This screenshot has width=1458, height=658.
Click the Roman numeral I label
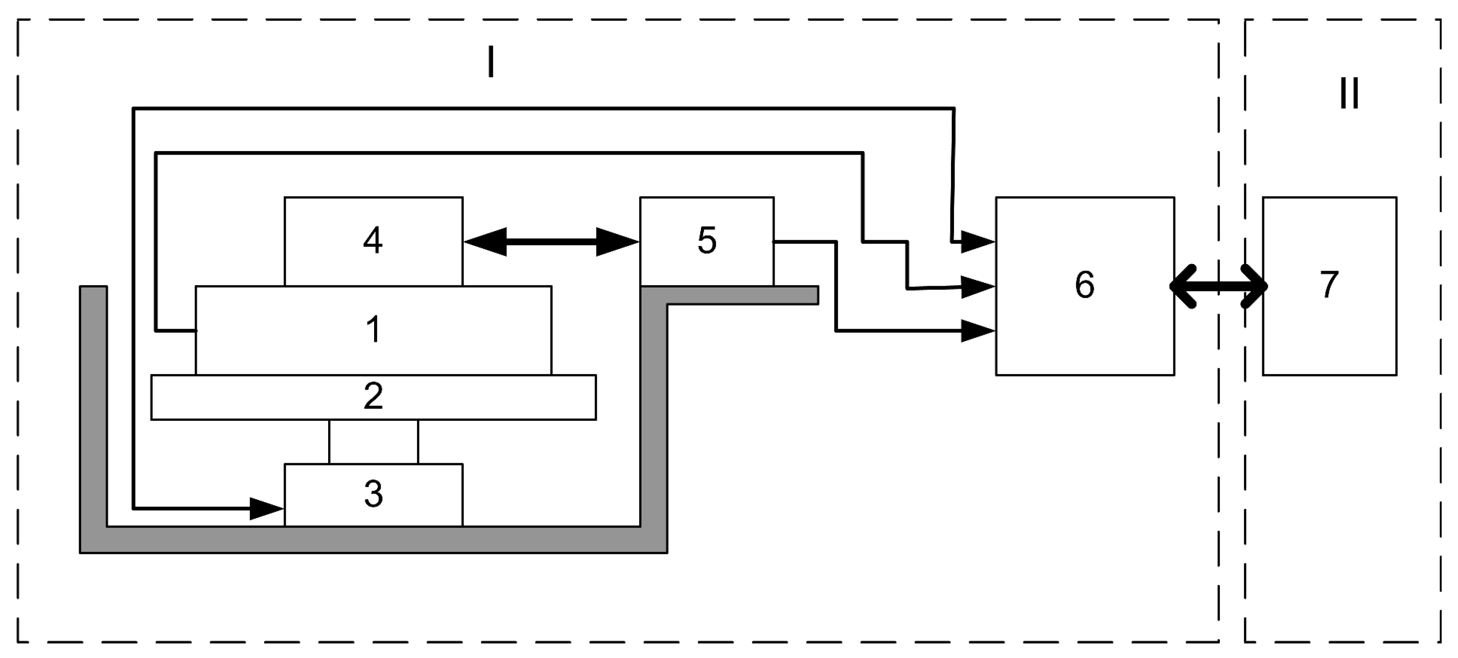tap(491, 62)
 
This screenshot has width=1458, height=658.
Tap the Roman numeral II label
tap(1349, 93)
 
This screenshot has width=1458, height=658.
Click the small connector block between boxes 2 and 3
tap(374, 442)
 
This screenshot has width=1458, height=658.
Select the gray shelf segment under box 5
tap(736, 295)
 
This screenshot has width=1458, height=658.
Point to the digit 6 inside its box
tap(1084, 284)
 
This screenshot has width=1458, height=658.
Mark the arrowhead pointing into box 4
tap(485, 242)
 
